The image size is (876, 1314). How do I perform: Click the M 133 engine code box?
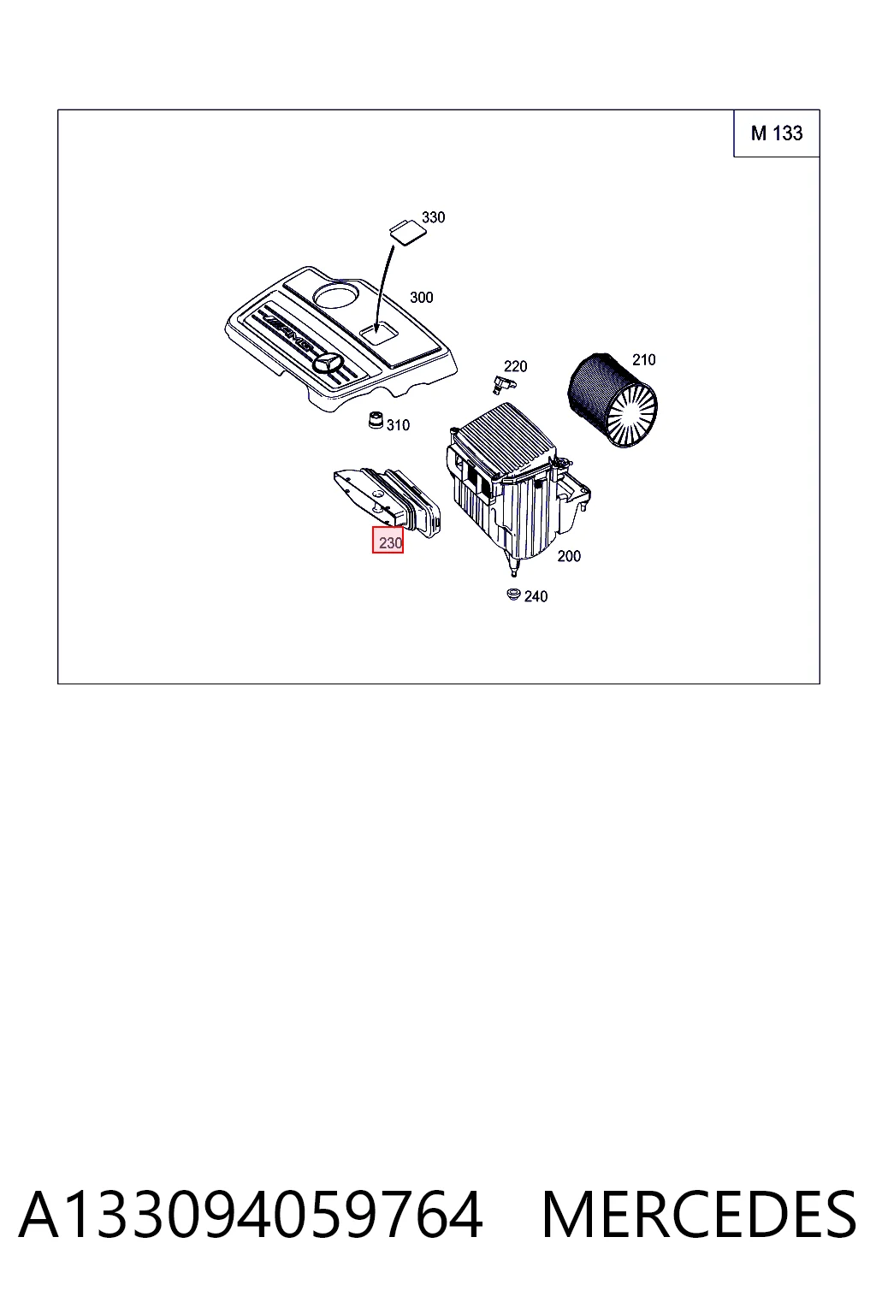(776, 133)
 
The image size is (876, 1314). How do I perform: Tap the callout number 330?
(433, 217)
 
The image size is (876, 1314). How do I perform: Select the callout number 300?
(421, 298)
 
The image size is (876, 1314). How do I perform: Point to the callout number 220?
(515, 367)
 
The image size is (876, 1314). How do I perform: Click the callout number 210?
(643, 359)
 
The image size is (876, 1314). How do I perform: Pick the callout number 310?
(398, 424)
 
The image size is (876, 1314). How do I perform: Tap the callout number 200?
(569, 556)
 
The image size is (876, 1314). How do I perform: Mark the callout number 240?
(536, 596)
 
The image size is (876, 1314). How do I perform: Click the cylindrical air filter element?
(612, 400)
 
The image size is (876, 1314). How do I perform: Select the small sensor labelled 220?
(503, 385)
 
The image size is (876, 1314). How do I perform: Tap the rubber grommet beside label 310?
(376, 421)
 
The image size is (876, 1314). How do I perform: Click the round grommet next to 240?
(513, 595)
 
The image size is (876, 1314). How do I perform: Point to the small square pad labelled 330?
(408, 230)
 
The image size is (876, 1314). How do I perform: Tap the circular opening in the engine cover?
(335, 296)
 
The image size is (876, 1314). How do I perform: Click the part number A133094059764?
(251, 1215)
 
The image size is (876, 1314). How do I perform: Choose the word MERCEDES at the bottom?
(699, 1215)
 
